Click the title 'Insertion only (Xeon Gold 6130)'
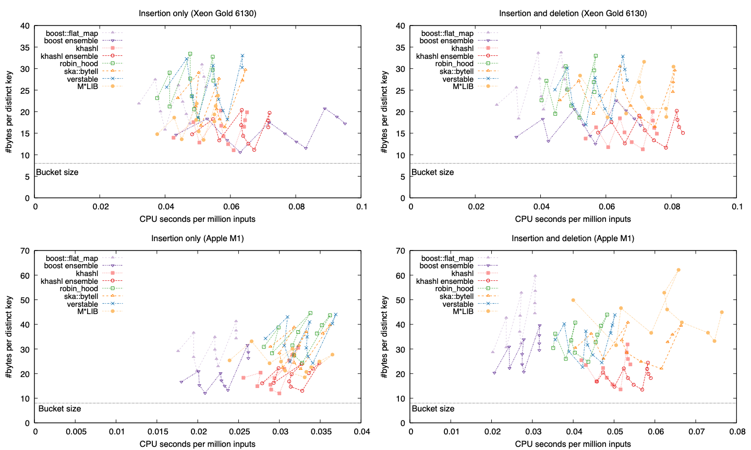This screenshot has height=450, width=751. pos(198,13)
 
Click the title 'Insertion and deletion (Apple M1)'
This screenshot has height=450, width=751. pos(573,239)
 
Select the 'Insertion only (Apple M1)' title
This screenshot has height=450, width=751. pos(198,239)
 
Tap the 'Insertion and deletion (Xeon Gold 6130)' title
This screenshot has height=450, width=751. pos(573,13)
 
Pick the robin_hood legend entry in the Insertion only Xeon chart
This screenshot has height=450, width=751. pos(79,64)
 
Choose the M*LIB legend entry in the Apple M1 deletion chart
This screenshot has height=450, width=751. pos(464,311)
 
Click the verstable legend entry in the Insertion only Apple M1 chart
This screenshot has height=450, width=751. pos(82,304)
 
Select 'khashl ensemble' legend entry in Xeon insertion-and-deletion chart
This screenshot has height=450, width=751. pos(445,56)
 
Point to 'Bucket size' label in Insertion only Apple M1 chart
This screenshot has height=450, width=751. pos(60,409)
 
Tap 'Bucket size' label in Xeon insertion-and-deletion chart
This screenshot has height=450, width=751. pos(433,172)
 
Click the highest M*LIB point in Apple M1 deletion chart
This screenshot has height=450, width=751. pos(679,270)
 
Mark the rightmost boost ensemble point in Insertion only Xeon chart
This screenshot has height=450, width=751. pos(345,124)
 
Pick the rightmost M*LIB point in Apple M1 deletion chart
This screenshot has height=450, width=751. pos(722,312)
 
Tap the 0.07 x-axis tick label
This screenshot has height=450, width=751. pos(696,432)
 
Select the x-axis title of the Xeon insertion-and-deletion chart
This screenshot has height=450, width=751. pos(573,219)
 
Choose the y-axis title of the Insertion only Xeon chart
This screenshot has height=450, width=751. pos(9,112)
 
